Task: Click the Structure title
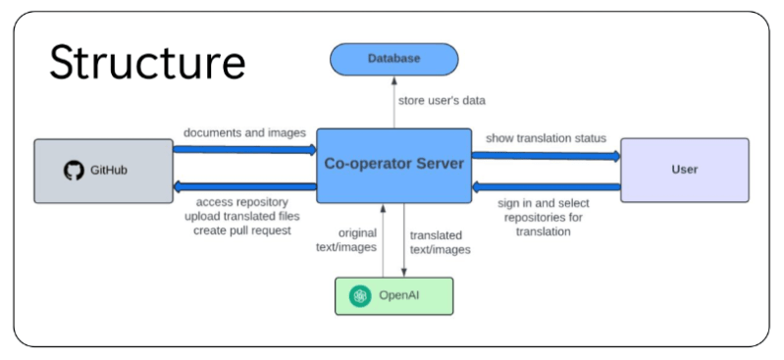click(147, 62)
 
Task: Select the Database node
click(393, 59)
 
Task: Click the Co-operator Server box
click(392, 164)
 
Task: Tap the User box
click(684, 170)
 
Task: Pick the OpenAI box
click(392, 296)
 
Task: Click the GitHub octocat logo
click(74, 171)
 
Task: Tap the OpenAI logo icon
click(360, 296)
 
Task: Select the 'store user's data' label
click(441, 100)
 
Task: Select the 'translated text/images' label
click(440, 242)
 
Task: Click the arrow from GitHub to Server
click(244, 150)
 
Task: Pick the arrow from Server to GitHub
click(244, 187)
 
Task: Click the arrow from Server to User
click(546, 154)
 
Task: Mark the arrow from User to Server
click(546, 186)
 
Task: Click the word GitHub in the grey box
click(110, 171)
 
